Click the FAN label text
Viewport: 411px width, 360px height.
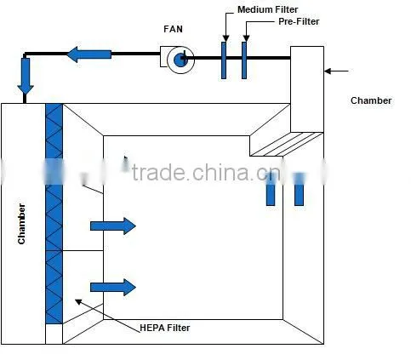173,29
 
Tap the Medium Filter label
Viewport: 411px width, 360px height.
267,9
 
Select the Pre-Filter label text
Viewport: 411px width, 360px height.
299,21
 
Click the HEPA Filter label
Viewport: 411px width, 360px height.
165,328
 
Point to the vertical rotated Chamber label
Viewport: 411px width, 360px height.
21,224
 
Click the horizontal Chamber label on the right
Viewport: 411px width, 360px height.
371,100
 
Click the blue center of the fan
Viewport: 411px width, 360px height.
180,60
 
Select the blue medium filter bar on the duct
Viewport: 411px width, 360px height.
224,60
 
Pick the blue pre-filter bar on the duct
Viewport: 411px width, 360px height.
244,60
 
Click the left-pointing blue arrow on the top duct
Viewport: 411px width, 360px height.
89,54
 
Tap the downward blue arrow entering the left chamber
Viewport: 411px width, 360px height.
26,76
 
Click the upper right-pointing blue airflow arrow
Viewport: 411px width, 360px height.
113,226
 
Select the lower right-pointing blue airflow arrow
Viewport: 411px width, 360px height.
113,288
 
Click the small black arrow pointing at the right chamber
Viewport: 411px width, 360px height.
336,71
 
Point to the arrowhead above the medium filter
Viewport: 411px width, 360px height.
225,38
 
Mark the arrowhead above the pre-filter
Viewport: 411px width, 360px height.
246,38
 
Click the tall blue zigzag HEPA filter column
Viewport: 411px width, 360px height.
54,214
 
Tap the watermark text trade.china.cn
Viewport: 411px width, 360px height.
207,173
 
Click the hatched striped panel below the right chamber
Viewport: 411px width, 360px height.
287,144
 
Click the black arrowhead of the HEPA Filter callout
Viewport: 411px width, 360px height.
78,301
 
